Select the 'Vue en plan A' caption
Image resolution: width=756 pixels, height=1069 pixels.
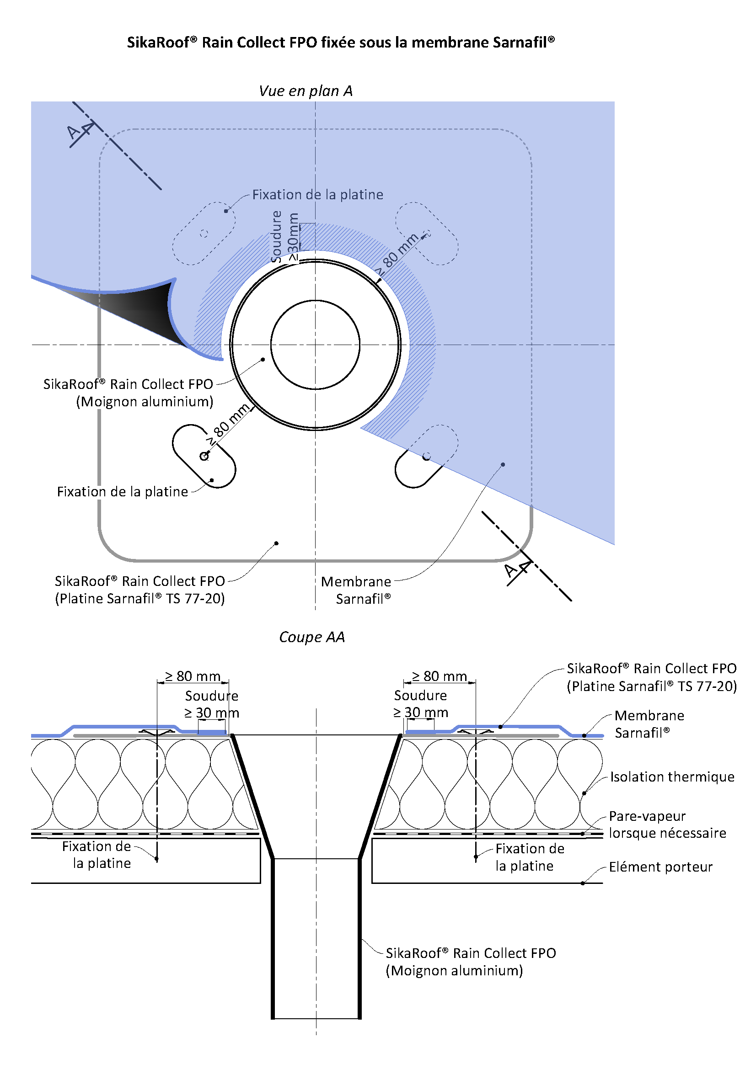click(306, 91)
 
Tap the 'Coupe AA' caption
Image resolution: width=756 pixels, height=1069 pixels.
click(311, 637)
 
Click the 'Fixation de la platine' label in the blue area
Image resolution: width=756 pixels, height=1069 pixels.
click(318, 195)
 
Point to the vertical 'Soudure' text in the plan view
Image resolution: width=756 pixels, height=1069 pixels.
click(277, 237)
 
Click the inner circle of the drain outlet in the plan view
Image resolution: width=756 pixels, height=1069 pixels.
click(316, 345)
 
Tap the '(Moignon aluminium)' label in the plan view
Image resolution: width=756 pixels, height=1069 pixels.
click(145, 401)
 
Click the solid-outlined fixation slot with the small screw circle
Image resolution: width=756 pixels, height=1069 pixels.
click(204, 456)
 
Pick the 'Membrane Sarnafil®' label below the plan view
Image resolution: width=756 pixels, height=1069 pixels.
click(356, 590)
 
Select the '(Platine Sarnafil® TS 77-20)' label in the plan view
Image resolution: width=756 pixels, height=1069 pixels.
click(140, 598)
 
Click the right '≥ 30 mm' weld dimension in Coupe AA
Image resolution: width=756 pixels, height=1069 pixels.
click(420, 713)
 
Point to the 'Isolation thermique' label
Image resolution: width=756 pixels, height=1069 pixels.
click(672, 776)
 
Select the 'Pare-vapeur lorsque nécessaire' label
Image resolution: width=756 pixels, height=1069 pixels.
click(667, 824)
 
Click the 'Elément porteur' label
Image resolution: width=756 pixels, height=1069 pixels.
click(660, 867)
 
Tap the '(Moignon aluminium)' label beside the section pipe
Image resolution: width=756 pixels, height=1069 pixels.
click(454, 971)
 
